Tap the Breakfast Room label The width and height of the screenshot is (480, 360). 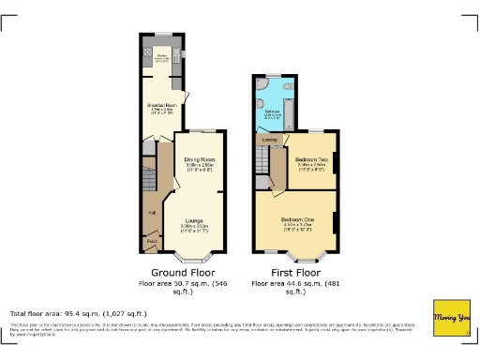coord(160,106)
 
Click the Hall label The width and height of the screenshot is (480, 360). coord(150,213)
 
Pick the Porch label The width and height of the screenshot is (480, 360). coord(150,242)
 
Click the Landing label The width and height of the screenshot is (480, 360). coord(267,142)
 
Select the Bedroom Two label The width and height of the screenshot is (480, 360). coord(310,160)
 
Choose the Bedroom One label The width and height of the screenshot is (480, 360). coord(297,219)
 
